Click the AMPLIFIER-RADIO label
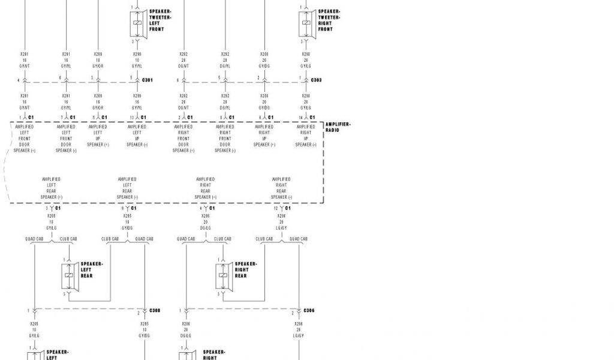click(338, 127)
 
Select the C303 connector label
click(316, 80)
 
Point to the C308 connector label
click(155, 311)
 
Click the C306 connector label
click(309, 311)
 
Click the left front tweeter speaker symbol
click(138, 24)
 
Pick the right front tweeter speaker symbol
click(306, 24)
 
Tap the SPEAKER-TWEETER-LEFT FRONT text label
click(160, 20)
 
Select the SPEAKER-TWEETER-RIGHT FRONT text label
click(329, 20)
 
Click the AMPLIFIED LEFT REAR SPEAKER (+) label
click(51, 188)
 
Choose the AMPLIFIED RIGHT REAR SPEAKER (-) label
click(281, 188)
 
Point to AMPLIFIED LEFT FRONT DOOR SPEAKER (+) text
click(25, 139)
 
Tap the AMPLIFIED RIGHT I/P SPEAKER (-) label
click(305, 136)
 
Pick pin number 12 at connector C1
click(276, 208)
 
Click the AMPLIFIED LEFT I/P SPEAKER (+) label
click(98, 136)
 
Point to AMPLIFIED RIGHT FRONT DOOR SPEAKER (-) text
click(225, 139)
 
